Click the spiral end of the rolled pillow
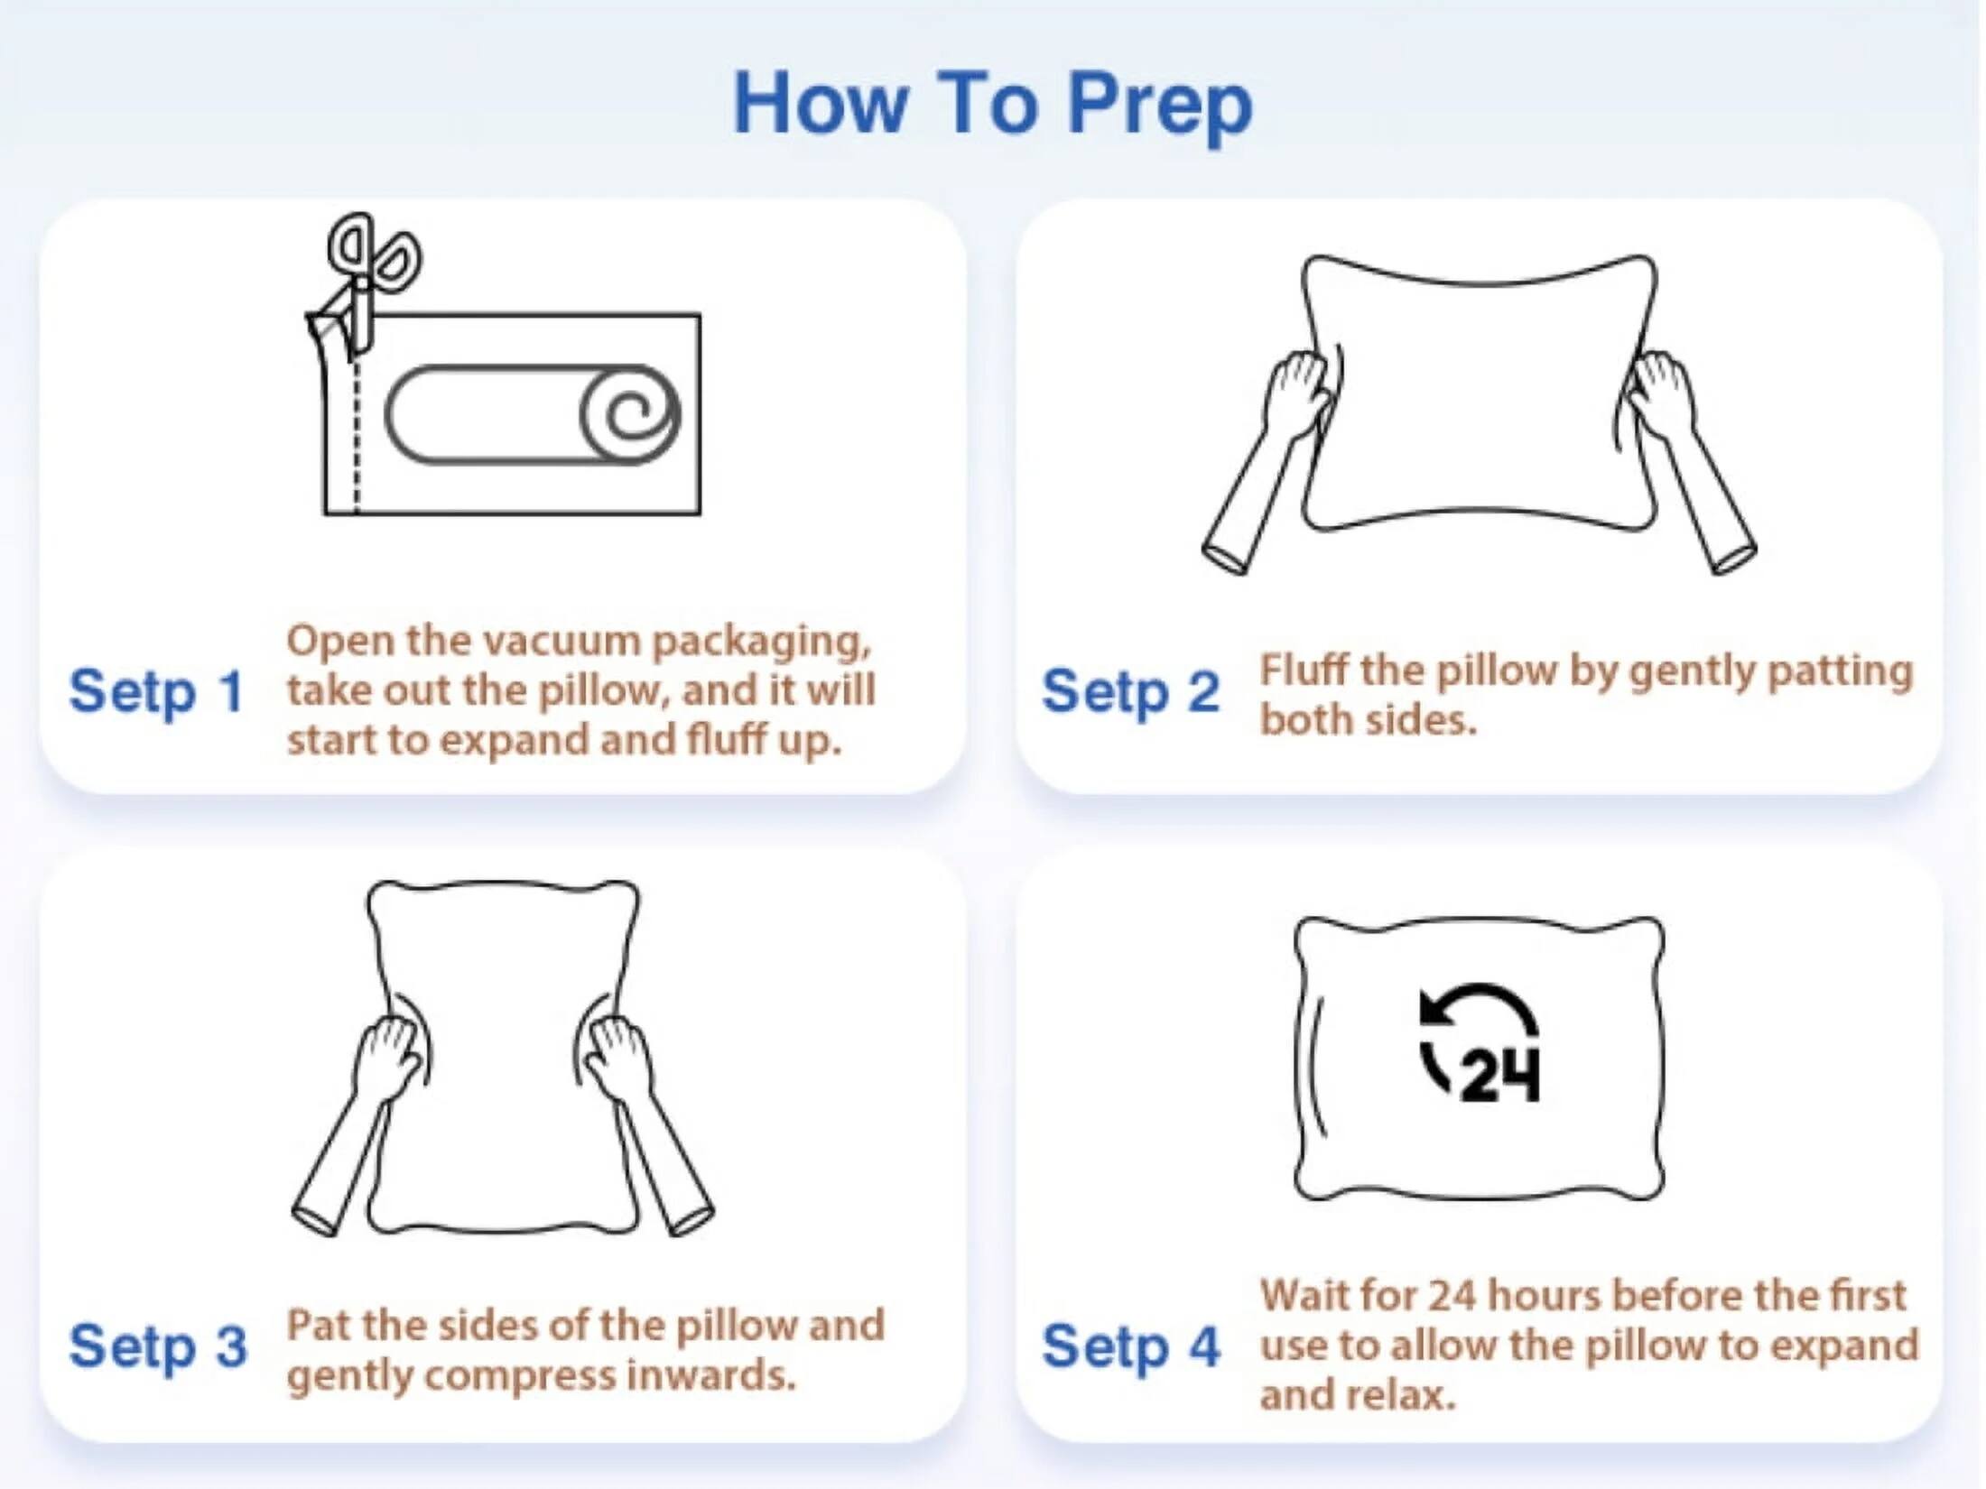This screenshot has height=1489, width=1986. point(630,415)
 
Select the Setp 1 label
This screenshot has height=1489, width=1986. point(156,693)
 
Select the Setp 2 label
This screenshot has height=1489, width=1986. point(1130,693)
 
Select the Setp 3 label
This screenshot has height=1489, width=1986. point(158,1346)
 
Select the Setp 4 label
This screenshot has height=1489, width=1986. point(1130,1346)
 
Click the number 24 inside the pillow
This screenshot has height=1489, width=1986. point(1499,1076)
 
